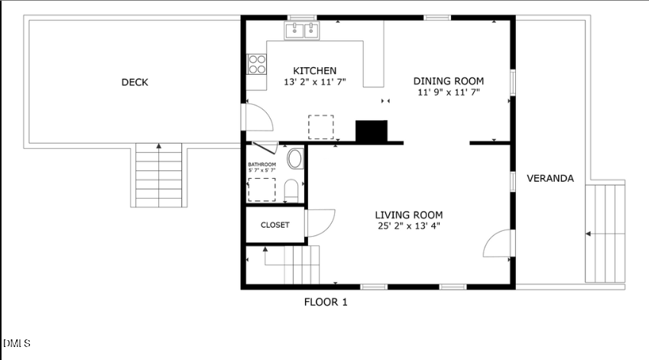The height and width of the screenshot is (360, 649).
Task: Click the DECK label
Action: click(135, 83)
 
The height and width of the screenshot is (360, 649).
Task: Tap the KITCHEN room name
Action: click(315, 71)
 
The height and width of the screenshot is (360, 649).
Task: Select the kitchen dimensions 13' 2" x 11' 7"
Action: click(315, 81)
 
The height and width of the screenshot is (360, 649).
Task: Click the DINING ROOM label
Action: click(449, 81)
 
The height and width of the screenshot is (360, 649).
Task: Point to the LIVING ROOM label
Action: click(408, 215)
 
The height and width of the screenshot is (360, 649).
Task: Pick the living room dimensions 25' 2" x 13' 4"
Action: click(408, 225)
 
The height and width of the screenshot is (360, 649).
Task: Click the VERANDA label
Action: click(550, 179)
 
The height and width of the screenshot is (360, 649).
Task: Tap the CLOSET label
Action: click(275, 225)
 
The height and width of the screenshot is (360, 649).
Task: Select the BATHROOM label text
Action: click(261, 164)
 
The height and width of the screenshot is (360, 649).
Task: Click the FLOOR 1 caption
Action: click(326, 302)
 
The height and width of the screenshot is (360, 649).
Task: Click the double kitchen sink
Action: click(303, 31)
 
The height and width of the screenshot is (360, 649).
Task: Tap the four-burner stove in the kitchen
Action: click(257, 63)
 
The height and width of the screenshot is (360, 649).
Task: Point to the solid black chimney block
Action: click(372, 131)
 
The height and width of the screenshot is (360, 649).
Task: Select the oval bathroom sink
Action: click(294, 159)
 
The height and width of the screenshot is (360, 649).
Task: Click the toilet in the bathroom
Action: click(291, 189)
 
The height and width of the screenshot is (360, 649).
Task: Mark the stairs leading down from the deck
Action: click(159, 175)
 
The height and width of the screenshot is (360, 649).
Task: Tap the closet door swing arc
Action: click(321, 222)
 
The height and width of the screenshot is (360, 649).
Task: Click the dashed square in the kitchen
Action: click(321, 126)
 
